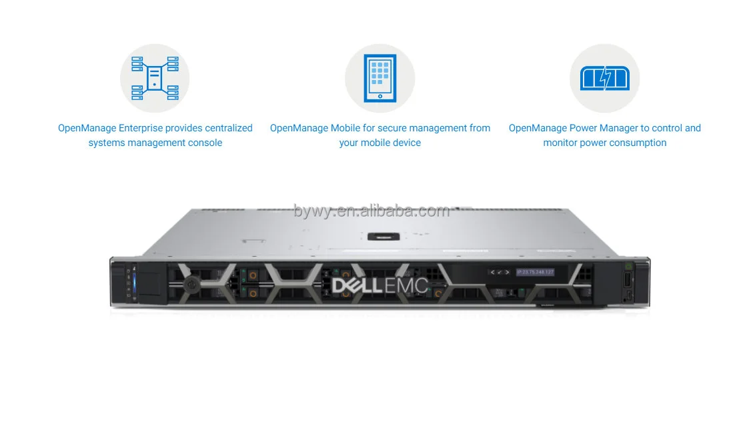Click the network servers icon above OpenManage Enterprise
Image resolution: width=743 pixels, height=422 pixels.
[155, 78]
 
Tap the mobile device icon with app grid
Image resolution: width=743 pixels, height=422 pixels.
[380, 78]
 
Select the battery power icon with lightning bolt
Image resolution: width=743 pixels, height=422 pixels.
[604, 79]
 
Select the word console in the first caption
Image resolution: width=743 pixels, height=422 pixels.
[205, 143]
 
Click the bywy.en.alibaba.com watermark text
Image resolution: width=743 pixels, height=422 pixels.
[371, 211]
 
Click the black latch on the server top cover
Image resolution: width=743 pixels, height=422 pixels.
[382, 236]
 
